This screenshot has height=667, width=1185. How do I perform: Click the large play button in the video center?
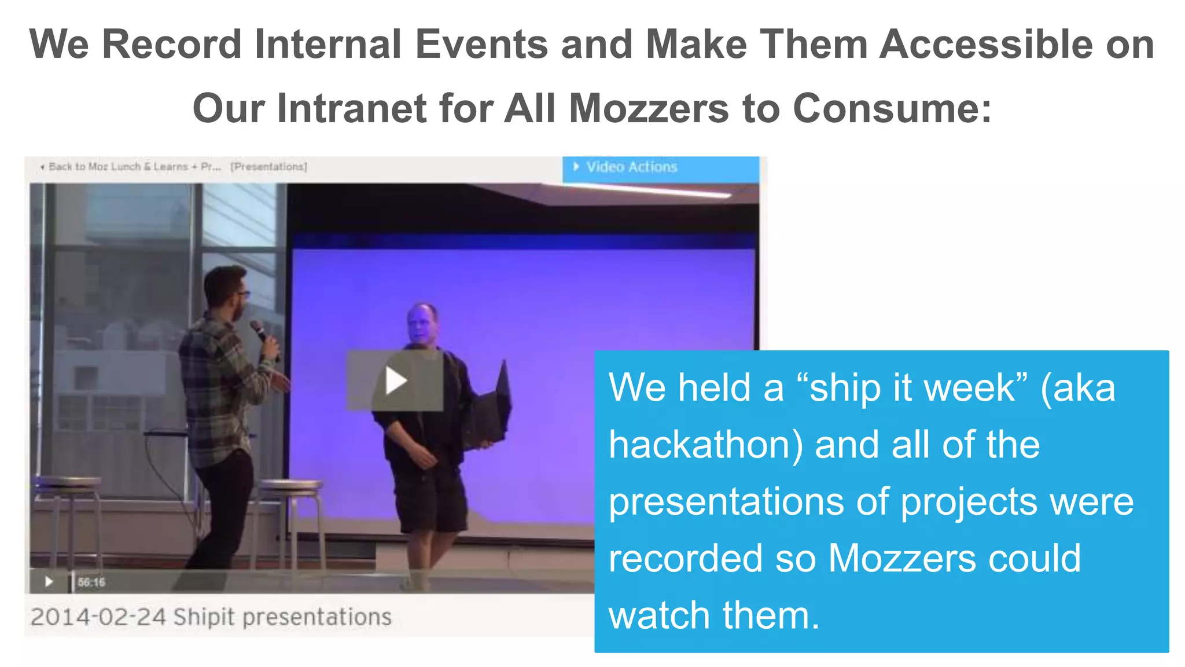[395, 380]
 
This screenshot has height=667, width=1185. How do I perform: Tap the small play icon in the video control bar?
[49, 581]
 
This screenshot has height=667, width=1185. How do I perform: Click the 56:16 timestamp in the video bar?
[91, 582]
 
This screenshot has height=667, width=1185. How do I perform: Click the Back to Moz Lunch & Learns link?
[133, 167]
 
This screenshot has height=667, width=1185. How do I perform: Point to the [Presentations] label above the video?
[268, 167]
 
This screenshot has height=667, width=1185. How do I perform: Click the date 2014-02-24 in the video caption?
[98, 617]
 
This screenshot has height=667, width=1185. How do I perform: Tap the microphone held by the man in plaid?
[259, 331]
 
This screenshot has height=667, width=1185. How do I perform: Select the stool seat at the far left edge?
[67, 482]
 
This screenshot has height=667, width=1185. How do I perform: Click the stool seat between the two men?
[289, 485]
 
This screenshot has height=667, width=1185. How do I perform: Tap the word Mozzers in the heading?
[649, 108]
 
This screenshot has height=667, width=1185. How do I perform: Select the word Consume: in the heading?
[892, 108]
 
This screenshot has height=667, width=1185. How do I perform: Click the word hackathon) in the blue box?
[705, 445]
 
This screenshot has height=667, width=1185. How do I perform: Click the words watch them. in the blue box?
[714, 615]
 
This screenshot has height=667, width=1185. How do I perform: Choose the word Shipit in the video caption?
[204, 617]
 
